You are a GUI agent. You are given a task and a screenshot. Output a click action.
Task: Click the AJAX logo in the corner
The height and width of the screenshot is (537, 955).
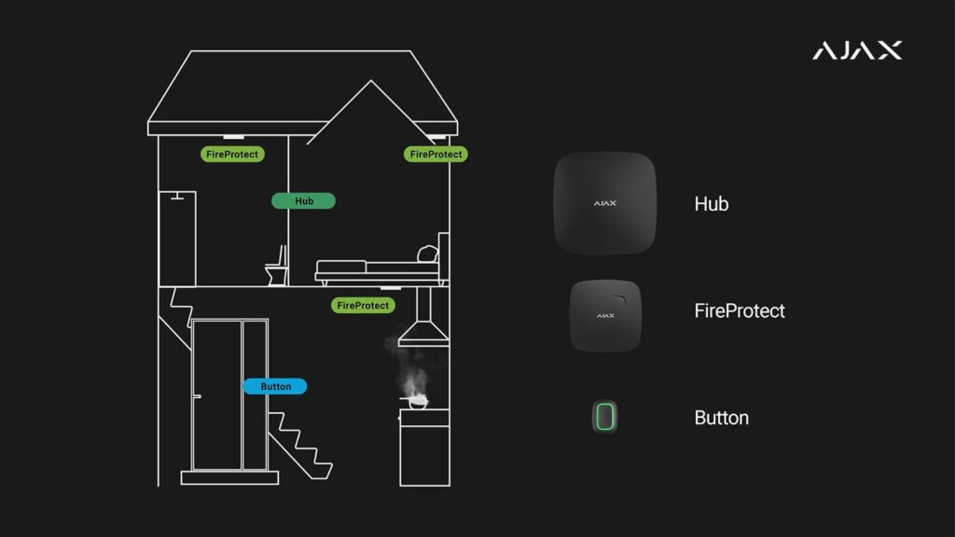point(856,50)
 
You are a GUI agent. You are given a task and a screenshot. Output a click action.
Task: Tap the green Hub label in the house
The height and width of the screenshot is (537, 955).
point(303,200)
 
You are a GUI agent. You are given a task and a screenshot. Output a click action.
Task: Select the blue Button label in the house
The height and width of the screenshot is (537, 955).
point(275,386)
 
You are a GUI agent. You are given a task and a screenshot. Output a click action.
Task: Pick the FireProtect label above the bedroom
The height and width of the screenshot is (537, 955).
point(436,154)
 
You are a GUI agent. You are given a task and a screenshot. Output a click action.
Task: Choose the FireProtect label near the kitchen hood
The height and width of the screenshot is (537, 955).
point(363,305)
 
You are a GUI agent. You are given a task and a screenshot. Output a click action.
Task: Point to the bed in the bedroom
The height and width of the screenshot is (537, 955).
point(377,269)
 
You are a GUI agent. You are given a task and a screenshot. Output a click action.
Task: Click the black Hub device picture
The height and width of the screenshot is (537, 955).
point(605,202)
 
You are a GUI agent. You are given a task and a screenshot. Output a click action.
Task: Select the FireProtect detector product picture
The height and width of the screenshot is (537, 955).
point(605,315)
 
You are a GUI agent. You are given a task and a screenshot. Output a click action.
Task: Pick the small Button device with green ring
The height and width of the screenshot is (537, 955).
point(605,416)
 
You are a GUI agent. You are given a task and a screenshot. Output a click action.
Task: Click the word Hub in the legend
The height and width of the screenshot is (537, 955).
point(712,203)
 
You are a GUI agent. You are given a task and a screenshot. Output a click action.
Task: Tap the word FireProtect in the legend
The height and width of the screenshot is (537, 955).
point(740,310)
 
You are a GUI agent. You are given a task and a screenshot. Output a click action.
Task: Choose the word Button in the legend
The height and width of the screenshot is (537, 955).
point(722,418)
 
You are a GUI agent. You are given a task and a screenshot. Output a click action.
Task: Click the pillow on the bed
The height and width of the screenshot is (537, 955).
point(427,253)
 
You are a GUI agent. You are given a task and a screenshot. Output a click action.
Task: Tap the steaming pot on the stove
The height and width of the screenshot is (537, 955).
point(417,403)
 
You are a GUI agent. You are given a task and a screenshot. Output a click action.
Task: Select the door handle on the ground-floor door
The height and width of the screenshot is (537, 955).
point(197,396)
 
